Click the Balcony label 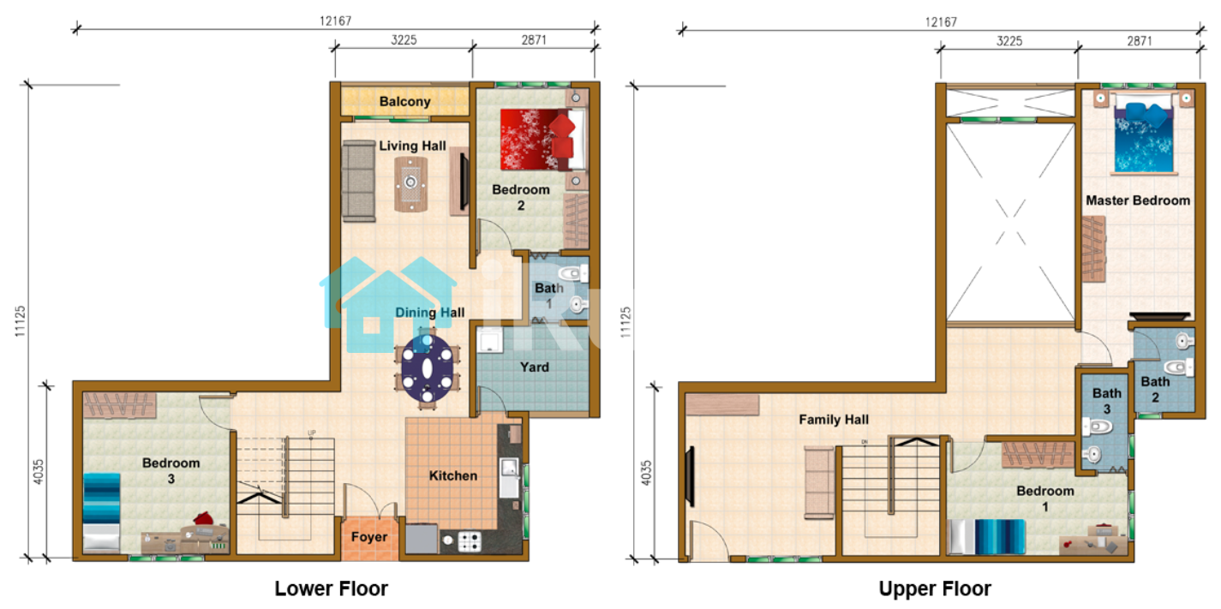tap(404, 102)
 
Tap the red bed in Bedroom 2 tap(543, 140)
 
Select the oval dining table tap(428, 368)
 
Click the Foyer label tap(369, 537)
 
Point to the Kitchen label tap(453, 476)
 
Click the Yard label tap(534, 367)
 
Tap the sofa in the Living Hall tap(359, 181)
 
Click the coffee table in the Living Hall tap(411, 184)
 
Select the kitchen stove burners tap(470, 541)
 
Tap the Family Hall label tap(834, 420)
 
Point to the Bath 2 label tap(1155, 390)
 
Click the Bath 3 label tap(1106, 401)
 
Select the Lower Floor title tap(331, 588)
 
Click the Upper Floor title tap(935, 588)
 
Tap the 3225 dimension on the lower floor tap(404, 39)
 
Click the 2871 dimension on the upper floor tap(1140, 41)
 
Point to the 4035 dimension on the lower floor tap(39, 472)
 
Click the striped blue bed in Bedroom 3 tap(101, 512)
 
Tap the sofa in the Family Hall tap(819, 482)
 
